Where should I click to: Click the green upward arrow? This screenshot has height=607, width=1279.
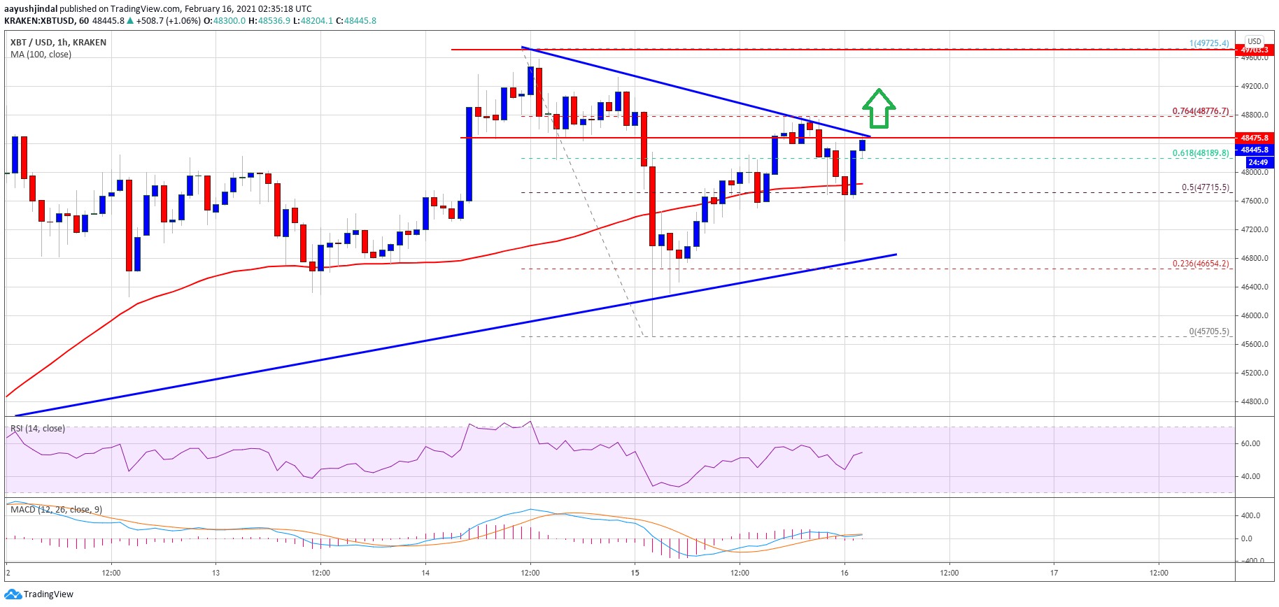(879, 109)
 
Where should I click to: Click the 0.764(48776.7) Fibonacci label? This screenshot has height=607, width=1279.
(1200, 111)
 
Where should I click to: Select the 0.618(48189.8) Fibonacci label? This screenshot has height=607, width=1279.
(1200, 153)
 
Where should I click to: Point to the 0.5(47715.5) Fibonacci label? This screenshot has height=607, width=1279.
(1205, 187)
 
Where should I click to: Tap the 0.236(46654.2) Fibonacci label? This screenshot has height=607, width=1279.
(1200, 264)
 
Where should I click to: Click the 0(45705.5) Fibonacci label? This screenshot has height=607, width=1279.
(1208, 331)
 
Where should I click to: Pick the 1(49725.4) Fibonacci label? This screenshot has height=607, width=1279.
(1208, 43)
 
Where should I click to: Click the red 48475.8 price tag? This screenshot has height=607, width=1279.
(1255, 138)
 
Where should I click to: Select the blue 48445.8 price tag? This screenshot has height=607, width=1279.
(1255, 150)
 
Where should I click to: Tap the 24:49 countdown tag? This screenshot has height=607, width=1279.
(1257, 162)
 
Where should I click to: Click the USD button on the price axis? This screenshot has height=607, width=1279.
(1255, 41)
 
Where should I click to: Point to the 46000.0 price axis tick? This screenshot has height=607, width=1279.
(1255, 315)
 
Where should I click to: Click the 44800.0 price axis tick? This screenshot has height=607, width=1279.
(1255, 401)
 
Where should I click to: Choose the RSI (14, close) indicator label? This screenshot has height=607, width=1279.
(38, 429)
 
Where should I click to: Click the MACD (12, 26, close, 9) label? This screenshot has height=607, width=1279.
(56, 510)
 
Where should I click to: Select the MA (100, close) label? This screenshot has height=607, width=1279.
(41, 55)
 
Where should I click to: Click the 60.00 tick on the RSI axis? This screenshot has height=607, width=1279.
(1250, 443)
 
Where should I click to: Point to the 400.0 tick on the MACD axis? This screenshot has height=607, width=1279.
(1250, 515)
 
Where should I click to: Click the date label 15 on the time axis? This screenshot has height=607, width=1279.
(635, 573)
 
